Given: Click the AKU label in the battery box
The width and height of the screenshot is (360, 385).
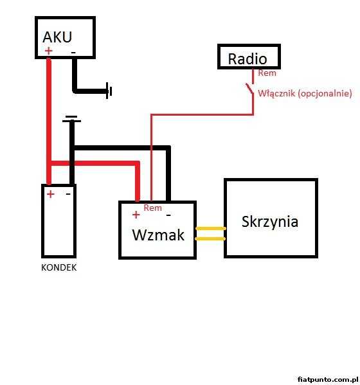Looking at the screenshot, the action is click(x=57, y=37).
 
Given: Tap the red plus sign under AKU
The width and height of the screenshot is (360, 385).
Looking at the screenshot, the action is click(x=49, y=51).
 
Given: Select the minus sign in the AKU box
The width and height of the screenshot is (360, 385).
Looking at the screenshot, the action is click(x=73, y=52).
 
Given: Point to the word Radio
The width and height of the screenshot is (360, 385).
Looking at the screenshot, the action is click(x=248, y=59).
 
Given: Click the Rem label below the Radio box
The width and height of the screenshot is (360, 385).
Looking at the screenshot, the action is click(x=267, y=73).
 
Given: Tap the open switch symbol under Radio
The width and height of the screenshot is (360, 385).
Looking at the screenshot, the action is click(x=249, y=89).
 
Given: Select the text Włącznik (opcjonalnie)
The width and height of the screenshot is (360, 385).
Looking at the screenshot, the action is click(x=305, y=94).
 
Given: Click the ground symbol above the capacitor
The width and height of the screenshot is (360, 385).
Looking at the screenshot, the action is click(x=71, y=119).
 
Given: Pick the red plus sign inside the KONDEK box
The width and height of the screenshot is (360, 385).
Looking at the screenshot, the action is click(x=51, y=194).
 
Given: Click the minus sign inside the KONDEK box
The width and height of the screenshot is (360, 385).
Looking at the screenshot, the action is click(x=68, y=194).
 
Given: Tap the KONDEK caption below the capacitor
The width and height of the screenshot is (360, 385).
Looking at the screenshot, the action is click(x=59, y=267).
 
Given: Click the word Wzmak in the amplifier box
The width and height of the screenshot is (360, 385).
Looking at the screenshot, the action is click(x=158, y=235).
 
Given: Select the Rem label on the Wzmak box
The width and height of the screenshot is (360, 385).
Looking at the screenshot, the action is click(x=153, y=208).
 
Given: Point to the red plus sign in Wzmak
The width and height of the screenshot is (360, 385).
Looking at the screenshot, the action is click(x=136, y=215).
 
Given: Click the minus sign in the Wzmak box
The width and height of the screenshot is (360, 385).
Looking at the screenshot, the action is click(x=168, y=215).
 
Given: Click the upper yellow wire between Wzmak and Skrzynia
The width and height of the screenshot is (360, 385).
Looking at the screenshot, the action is click(x=210, y=229).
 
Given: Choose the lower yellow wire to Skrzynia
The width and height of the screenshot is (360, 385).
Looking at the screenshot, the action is click(x=210, y=238).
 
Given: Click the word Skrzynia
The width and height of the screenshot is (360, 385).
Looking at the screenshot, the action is click(x=270, y=222).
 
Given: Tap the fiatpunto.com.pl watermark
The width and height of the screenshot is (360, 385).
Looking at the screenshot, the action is click(x=328, y=379).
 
